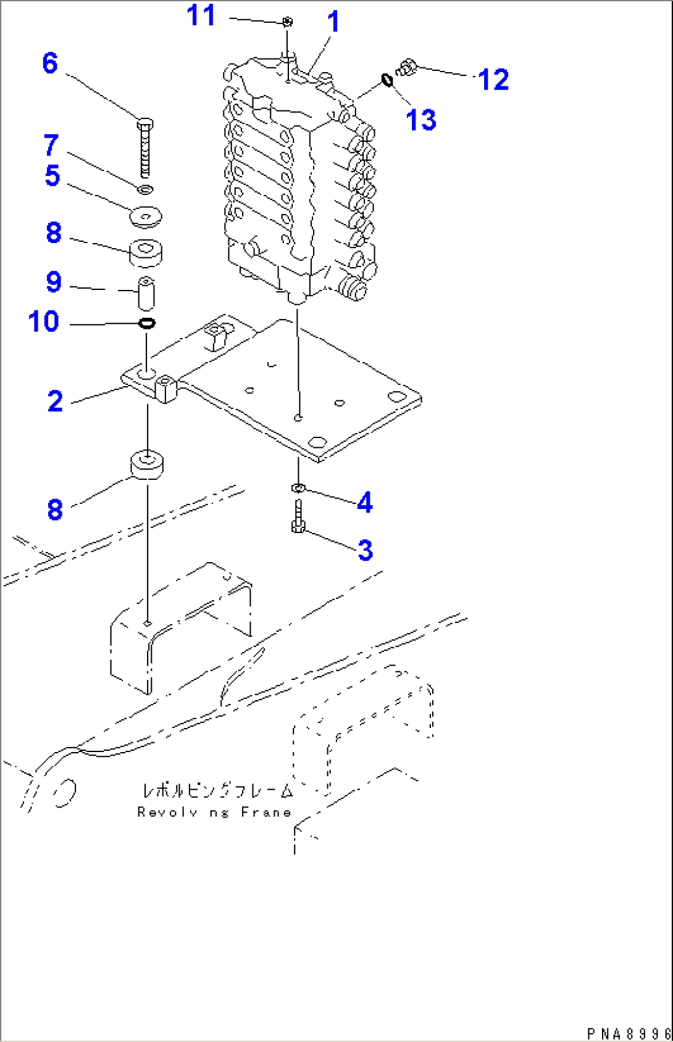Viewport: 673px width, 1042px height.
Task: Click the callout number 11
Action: tap(201, 15)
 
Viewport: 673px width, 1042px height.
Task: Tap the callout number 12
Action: tap(493, 80)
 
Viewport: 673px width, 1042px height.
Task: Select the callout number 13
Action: tap(421, 120)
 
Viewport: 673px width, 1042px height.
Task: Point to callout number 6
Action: tap(50, 64)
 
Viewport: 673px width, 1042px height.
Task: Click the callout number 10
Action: tap(43, 322)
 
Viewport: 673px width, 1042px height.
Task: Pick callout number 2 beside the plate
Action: tap(55, 402)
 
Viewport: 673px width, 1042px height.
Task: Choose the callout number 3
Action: tap(366, 550)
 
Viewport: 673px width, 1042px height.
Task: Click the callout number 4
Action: tap(365, 502)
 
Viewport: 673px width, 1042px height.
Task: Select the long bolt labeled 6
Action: tap(144, 148)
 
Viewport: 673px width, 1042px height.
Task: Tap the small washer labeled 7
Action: tap(145, 188)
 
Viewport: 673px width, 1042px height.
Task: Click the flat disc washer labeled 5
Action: tap(146, 217)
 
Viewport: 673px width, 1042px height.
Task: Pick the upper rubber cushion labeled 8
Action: tap(146, 252)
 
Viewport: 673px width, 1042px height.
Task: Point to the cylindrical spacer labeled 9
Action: tap(145, 294)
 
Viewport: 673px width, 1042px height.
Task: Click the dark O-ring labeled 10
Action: tap(147, 323)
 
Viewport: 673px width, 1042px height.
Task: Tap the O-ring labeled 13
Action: tap(387, 80)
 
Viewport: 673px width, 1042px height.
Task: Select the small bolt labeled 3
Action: tap(298, 517)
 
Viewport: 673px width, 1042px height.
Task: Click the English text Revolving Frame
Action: tap(214, 813)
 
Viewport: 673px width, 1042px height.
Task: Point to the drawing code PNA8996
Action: tap(628, 1033)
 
